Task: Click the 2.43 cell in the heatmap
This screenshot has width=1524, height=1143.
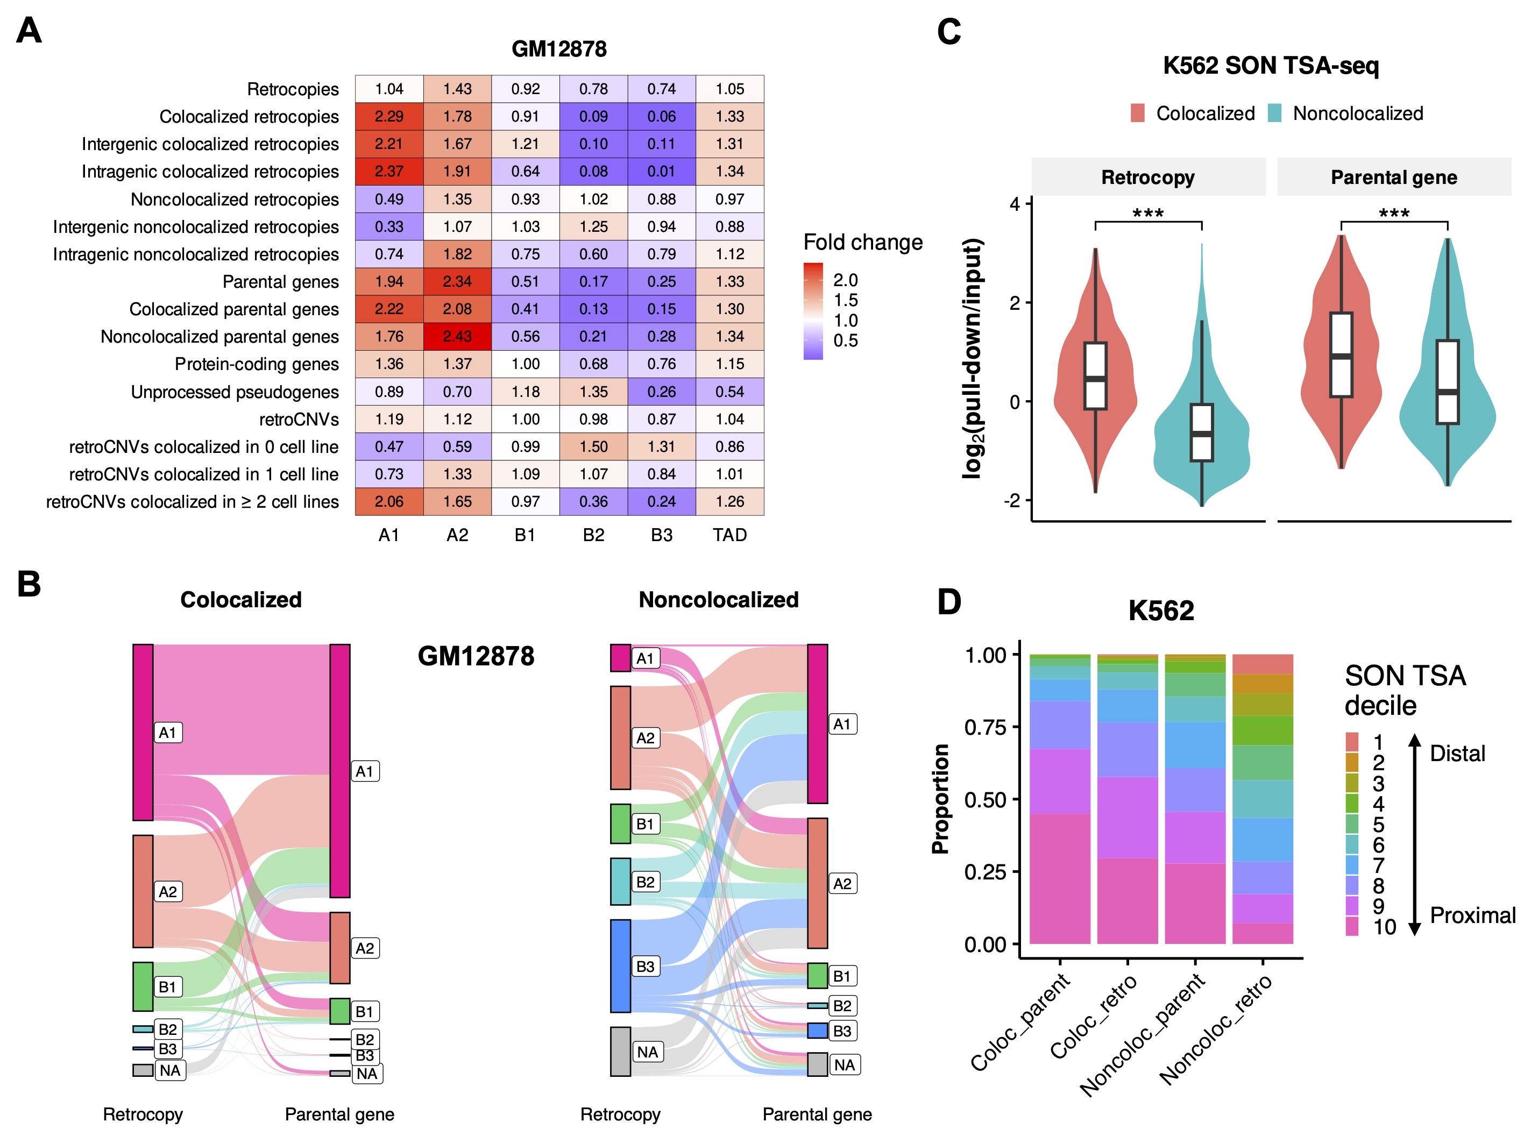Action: (457, 336)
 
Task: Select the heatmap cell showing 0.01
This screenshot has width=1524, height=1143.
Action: (662, 171)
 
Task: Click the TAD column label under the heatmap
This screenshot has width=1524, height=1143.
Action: (729, 535)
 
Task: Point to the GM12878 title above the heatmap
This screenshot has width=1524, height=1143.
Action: (559, 49)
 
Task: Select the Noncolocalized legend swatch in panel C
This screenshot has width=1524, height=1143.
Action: (1274, 113)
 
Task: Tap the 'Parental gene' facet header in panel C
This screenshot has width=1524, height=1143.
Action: (1393, 177)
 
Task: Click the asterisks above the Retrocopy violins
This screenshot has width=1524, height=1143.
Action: (1148, 213)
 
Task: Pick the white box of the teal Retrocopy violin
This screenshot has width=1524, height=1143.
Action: (1202, 432)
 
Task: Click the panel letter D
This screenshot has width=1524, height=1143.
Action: (949, 601)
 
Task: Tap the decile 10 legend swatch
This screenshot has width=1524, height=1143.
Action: (1352, 927)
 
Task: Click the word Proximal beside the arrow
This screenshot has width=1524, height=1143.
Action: (1472, 915)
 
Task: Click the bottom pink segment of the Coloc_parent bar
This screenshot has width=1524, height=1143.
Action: (1060, 878)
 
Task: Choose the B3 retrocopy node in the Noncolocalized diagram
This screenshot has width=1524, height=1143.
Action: (621, 966)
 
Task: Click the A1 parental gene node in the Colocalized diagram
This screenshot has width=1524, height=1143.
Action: (339, 770)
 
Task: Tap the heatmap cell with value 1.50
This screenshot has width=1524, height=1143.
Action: (593, 446)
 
